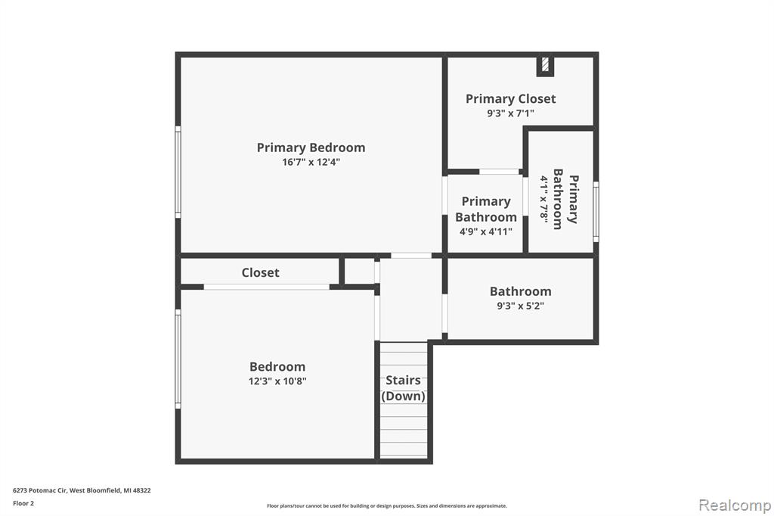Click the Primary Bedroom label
click(x=311, y=148)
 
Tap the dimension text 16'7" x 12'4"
click(x=311, y=162)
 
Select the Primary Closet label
click(x=511, y=99)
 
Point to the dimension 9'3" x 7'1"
click(x=511, y=113)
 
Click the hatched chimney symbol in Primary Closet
click(x=546, y=65)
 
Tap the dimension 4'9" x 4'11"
click(x=486, y=232)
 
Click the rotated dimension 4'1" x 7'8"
click(x=544, y=199)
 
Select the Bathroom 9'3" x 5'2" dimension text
click(x=520, y=306)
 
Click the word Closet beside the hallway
click(x=260, y=272)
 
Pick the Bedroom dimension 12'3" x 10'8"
click(x=277, y=381)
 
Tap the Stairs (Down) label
click(x=404, y=388)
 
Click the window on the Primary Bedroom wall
click(x=178, y=172)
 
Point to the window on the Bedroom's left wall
click(x=178, y=359)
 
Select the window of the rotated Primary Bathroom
click(x=596, y=212)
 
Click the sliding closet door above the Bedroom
click(x=267, y=287)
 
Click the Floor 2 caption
click(x=23, y=503)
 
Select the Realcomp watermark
click(x=735, y=505)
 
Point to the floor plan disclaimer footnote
click(x=387, y=505)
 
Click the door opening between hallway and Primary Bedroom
click(x=411, y=256)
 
